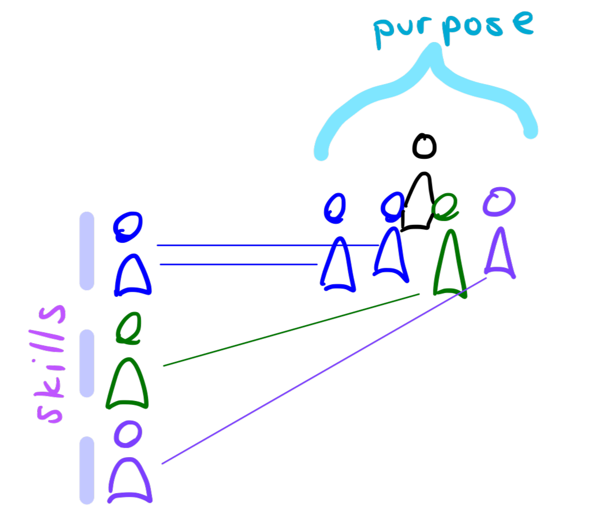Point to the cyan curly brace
pyautogui.click(x=431, y=93)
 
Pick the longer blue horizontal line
pyautogui.click(x=267, y=245)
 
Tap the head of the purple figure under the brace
pyautogui.click(x=499, y=201)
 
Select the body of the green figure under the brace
pyautogui.click(x=450, y=265)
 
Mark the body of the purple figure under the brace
pyautogui.click(x=500, y=254)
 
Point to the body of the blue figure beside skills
pyautogui.click(x=132, y=275)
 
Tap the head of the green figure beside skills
pyautogui.click(x=129, y=327)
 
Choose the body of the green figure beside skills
pyautogui.click(x=128, y=385)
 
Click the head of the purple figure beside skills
pyautogui.click(x=128, y=434)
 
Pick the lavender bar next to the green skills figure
pyautogui.click(x=87, y=363)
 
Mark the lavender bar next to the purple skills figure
pyautogui.click(x=87, y=470)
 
